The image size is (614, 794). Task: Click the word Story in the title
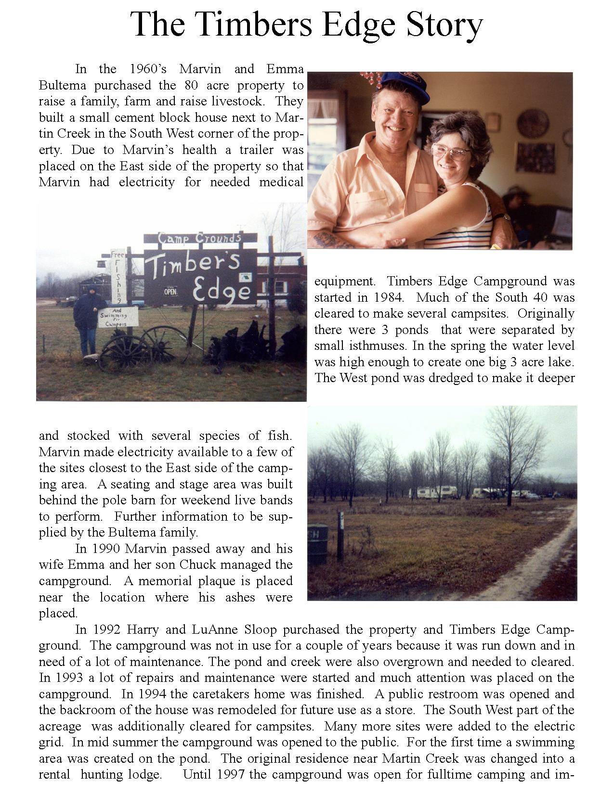[x=444, y=24]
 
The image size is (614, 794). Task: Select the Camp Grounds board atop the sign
[x=200, y=238]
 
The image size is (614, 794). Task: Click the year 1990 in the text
[x=106, y=549]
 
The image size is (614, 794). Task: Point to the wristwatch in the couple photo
[x=504, y=218]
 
